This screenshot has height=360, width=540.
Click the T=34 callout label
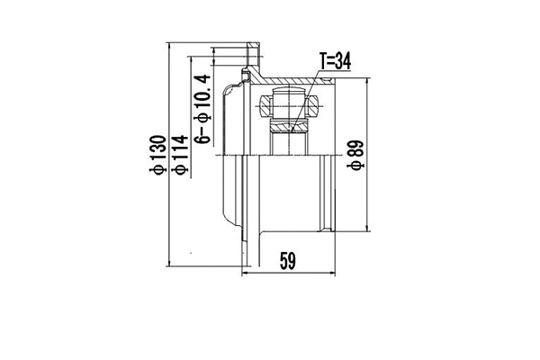pyautogui.click(x=335, y=61)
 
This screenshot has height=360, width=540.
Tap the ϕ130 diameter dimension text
pyautogui.click(x=158, y=155)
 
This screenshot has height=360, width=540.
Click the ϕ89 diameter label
pyautogui.click(x=355, y=154)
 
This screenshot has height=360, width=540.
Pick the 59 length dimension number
pyautogui.click(x=287, y=261)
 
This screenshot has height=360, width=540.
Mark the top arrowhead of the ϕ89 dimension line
pyautogui.click(x=366, y=82)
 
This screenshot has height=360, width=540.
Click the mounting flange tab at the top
pyautogui.click(x=253, y=49)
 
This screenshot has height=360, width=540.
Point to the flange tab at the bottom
pyautogui.click(x=249, y=256)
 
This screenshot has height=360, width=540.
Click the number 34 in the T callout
pyautogui.click(x=342, y=61)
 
